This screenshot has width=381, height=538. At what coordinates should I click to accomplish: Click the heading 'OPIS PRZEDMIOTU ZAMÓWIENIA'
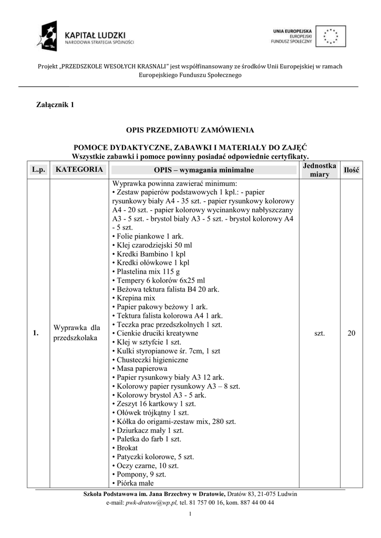point(190,129)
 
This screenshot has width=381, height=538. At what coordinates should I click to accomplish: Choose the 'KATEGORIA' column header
point(79,170)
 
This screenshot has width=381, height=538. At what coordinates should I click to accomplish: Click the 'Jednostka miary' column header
point(320,170)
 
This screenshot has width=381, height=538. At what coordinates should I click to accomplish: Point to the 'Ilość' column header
point(351,170)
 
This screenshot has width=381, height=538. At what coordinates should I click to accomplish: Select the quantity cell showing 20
point(351,333)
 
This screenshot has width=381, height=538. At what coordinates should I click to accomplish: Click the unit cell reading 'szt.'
point(320,333)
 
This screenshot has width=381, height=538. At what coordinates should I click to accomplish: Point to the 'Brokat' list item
point(127,448)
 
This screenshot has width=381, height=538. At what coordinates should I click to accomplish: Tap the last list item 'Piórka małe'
point(135,483)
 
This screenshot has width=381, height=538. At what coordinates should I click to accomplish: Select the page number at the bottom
point(190,514)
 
